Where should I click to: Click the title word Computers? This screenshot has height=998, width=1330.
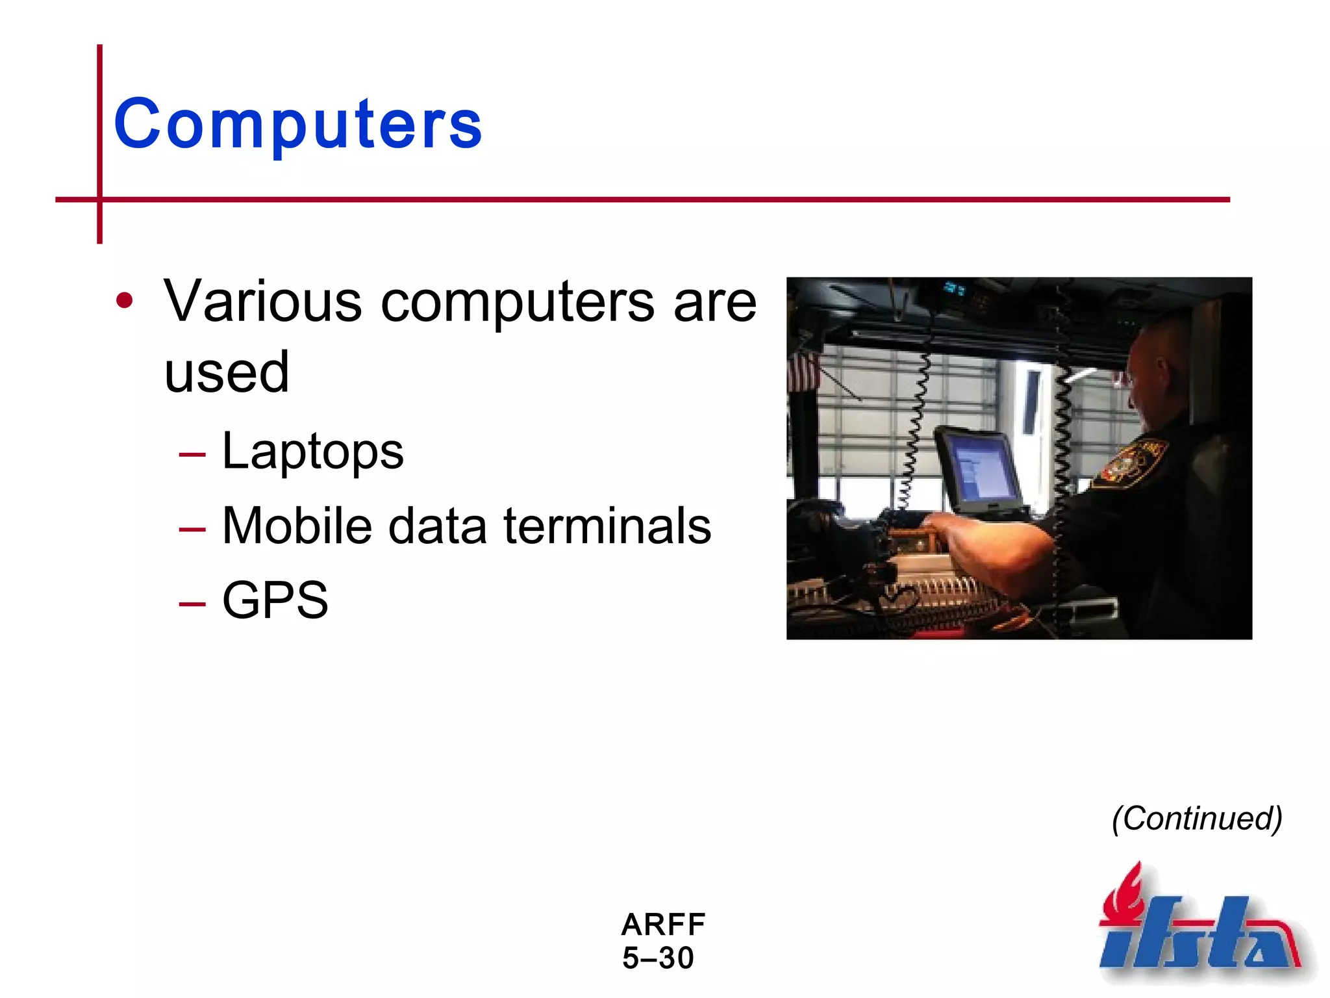(x=297, y=123)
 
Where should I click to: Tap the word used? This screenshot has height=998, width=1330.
(x=226, y=372)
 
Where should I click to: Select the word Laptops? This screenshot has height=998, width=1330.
(x=312, y=452)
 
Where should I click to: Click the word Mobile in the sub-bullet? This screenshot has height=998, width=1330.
(x=297, y=526)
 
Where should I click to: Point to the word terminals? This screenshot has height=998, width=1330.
(x=607, y=526)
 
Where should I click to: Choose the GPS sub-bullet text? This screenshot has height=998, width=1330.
(x=275, y=600)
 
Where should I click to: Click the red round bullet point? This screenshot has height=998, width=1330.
(x=124, y=301)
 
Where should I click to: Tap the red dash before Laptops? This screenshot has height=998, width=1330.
(x=192, y=455)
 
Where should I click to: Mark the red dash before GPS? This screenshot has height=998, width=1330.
(x=192, y=604)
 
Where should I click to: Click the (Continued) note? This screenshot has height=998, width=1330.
(x=1197, y=818)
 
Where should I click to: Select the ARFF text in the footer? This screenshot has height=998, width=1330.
(x=663, y=924)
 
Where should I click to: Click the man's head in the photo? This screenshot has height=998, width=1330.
(x=1159, y=370)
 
